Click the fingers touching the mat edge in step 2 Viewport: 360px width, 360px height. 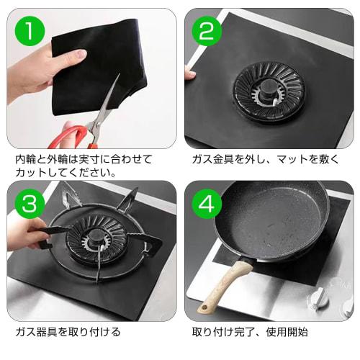click(x=190, y=73)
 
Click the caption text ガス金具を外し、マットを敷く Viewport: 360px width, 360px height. click(x=264, y=159)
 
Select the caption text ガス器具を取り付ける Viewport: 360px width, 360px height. click(x=68, y=332)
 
